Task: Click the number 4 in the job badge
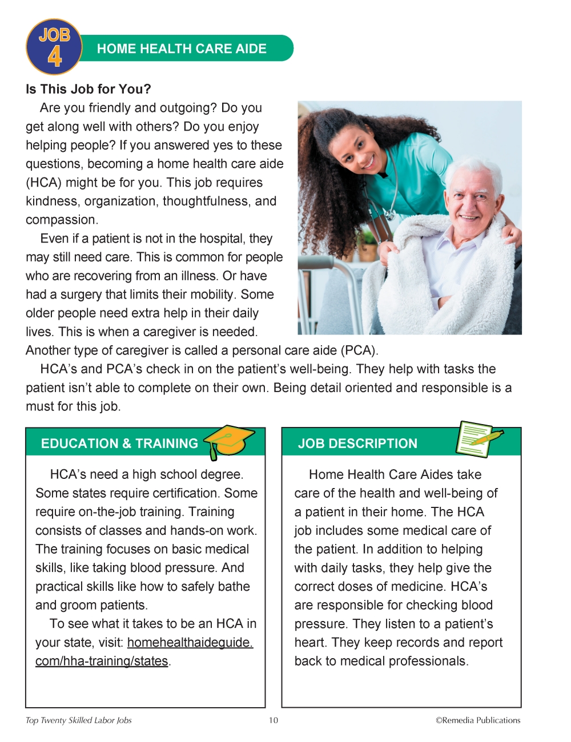click(x=55, y=57)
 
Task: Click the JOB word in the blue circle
click(x=54, y=35)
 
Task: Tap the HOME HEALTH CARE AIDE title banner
click(x=182, y=49)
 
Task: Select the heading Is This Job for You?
click(x=89, y=89)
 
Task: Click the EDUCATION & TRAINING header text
click(x=119, y=443)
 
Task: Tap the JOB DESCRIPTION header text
click(x=357, y=443)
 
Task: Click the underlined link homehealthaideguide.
click(x=190, y=643)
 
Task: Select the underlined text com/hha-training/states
click(x=102, y=661)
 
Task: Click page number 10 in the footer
click(x=274, y=720)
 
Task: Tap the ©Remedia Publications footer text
click(x=478, y=720)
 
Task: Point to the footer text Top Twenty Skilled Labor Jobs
click(x=79, y=720)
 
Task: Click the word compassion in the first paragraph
click(x=61, y=220)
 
